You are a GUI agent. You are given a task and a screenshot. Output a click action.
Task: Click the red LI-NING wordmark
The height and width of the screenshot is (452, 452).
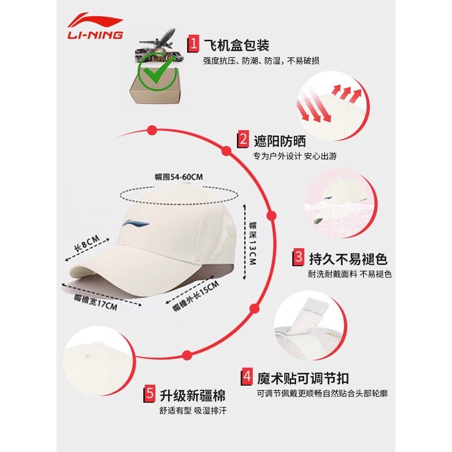[x=95, y=35]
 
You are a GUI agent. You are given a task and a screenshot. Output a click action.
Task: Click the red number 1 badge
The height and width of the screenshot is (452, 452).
[x=193, y=44]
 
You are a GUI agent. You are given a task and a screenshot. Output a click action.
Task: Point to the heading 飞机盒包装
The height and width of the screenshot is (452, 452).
[x=237, y=45]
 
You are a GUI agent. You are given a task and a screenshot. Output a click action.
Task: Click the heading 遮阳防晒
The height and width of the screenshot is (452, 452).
[x=280, y=141]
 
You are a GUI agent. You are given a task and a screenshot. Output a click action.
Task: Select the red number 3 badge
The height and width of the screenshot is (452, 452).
[x=298, y=257]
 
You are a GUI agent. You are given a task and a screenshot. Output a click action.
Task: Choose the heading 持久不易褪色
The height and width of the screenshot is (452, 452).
[x=348, y=259]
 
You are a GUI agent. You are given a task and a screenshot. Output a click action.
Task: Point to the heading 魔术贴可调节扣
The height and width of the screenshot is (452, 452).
[x=303, y=378]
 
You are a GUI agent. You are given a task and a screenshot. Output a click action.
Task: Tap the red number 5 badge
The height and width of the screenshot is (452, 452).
[x=149, y=394]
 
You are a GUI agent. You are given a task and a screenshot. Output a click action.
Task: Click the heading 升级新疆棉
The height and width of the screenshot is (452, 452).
[x=193, y=395]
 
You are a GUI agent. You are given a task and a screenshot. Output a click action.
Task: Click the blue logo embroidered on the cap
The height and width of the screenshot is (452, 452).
[x=136, y=223]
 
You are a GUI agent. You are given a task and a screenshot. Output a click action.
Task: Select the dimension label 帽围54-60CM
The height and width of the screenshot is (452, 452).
[x=179, y=177]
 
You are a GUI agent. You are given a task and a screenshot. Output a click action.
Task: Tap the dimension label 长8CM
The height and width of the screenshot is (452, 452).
[x=87, y=243]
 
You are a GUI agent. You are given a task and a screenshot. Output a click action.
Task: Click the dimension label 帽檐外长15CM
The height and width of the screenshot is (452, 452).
[x=196, y=296]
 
